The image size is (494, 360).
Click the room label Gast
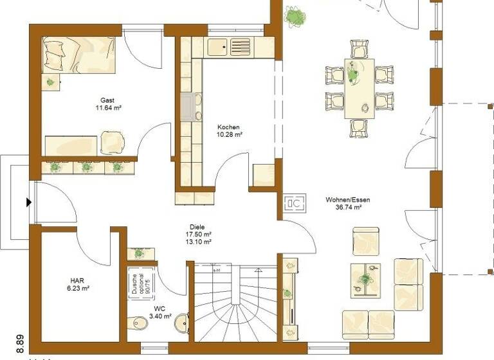tap(107, 100)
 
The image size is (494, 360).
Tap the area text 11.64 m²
tap(107, 109)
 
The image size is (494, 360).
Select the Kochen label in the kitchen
tap(229, 127)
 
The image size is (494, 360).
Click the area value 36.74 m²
tap(348, 208)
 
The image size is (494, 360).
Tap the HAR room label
tap(78, 280)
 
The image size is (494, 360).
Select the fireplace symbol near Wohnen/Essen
tap(295, 204)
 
